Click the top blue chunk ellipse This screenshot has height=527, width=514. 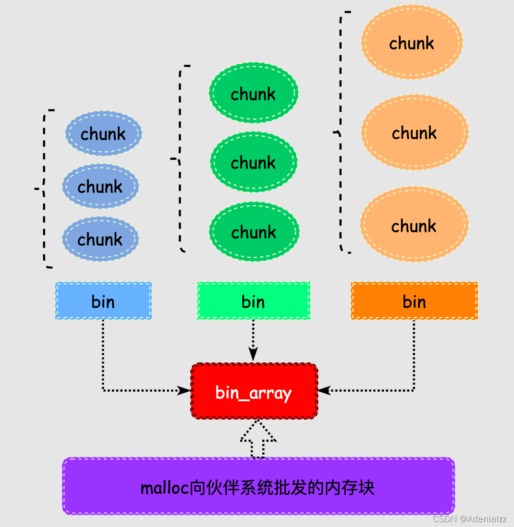103,133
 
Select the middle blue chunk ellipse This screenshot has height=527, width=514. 100,186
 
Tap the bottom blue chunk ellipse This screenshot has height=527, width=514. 100,239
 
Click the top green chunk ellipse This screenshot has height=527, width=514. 254,93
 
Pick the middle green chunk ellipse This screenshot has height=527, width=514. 254,162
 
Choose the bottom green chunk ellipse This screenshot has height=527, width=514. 254,232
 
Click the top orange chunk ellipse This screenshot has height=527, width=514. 412,43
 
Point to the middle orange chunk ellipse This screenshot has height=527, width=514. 415,132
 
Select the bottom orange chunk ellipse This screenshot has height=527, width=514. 414,226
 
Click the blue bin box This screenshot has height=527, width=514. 103,301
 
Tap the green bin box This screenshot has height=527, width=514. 253,301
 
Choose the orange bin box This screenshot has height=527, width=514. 414,301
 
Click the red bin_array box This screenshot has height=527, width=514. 254,392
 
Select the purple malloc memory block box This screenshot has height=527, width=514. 258,486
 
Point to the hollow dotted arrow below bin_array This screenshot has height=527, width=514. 258,439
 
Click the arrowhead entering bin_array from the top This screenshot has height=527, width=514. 253,354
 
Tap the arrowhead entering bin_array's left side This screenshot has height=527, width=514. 184,390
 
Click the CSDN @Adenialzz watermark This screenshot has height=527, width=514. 469,519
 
